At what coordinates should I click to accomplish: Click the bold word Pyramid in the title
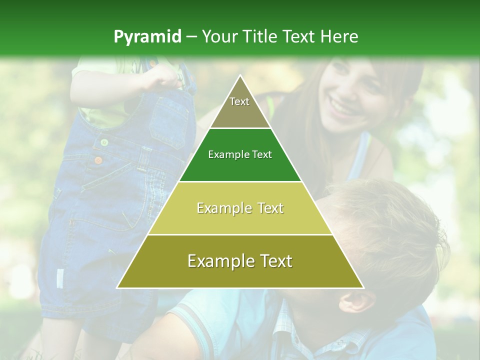click(147, 36)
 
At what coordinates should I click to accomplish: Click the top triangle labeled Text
click(239, 105)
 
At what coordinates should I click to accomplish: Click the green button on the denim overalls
click(104, 142)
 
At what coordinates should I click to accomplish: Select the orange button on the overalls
click(98, 160)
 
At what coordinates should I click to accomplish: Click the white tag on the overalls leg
click(60, 278)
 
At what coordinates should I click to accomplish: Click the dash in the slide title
click(191, 36)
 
